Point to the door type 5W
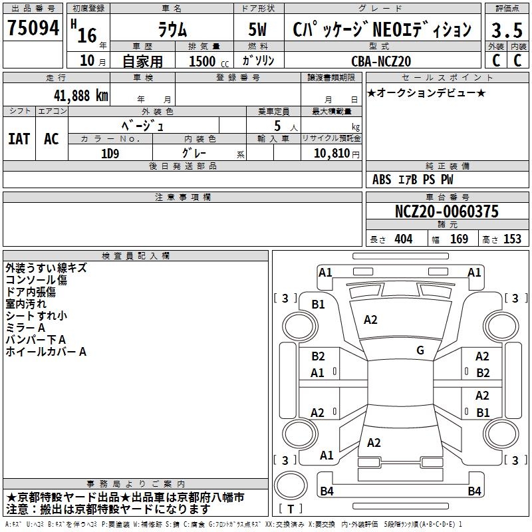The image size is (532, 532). [x=259, y=30]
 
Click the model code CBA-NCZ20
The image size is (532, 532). [x=381, y=61]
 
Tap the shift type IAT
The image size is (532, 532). [x=19, y=139]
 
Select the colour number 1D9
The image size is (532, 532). [x=110, y=152]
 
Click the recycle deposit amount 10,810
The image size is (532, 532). [x=331, y=154]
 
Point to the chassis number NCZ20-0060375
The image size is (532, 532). [x=446, y=211]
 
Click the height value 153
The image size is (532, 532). [x=512, y=239]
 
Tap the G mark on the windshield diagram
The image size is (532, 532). [x=420, y=350]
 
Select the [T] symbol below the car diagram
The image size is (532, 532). [x=291, y=509]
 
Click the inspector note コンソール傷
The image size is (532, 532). [x=36, y=280]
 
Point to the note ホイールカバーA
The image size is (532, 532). [x=46, y=352]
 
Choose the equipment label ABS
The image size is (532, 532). [x=382, y=179]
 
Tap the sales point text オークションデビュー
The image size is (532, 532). [x=426, y=92]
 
